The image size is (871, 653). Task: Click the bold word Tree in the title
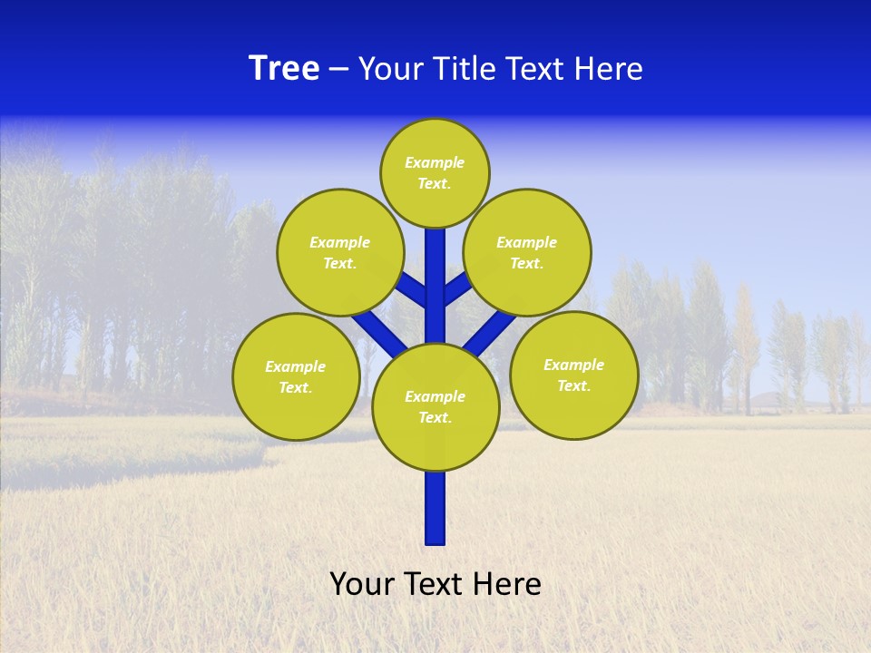(x=284, y=69)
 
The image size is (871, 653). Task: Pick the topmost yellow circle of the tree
(x=435, y=172)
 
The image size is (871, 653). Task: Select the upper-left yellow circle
(x=340, y=252)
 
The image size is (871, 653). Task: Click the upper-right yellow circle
(x=527, y=252)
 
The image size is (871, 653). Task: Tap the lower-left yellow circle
(x=296, y=376)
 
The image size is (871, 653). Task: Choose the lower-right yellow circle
(x=573, y=375)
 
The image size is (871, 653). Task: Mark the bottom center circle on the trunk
(x=435, y=406)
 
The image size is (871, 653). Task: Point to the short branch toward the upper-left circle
(x=414, y=290)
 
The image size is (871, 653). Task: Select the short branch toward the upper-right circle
(x=456, y=288)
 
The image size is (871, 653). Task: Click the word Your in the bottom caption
(x=363, y=584)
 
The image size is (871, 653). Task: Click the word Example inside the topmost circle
(x=435, y=163)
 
